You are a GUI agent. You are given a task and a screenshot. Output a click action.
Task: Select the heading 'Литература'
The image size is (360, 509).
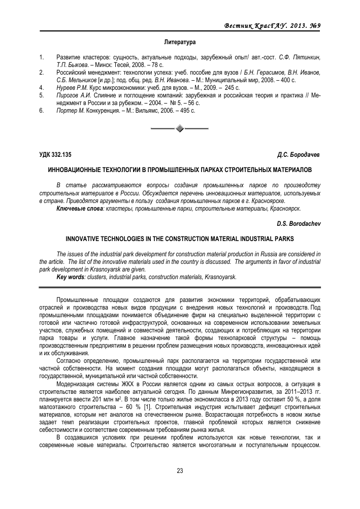[180, 41]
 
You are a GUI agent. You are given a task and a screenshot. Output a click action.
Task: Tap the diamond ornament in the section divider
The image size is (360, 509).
[180, 128]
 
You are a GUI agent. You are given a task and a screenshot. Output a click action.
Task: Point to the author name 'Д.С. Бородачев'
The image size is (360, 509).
[299, 154]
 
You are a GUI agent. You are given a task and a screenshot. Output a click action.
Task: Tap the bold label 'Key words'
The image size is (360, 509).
[71, 277]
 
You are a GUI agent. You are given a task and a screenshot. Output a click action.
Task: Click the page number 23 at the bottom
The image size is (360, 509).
[180, 470]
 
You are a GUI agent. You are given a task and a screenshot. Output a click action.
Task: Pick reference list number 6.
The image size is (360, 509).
[41, 110]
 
